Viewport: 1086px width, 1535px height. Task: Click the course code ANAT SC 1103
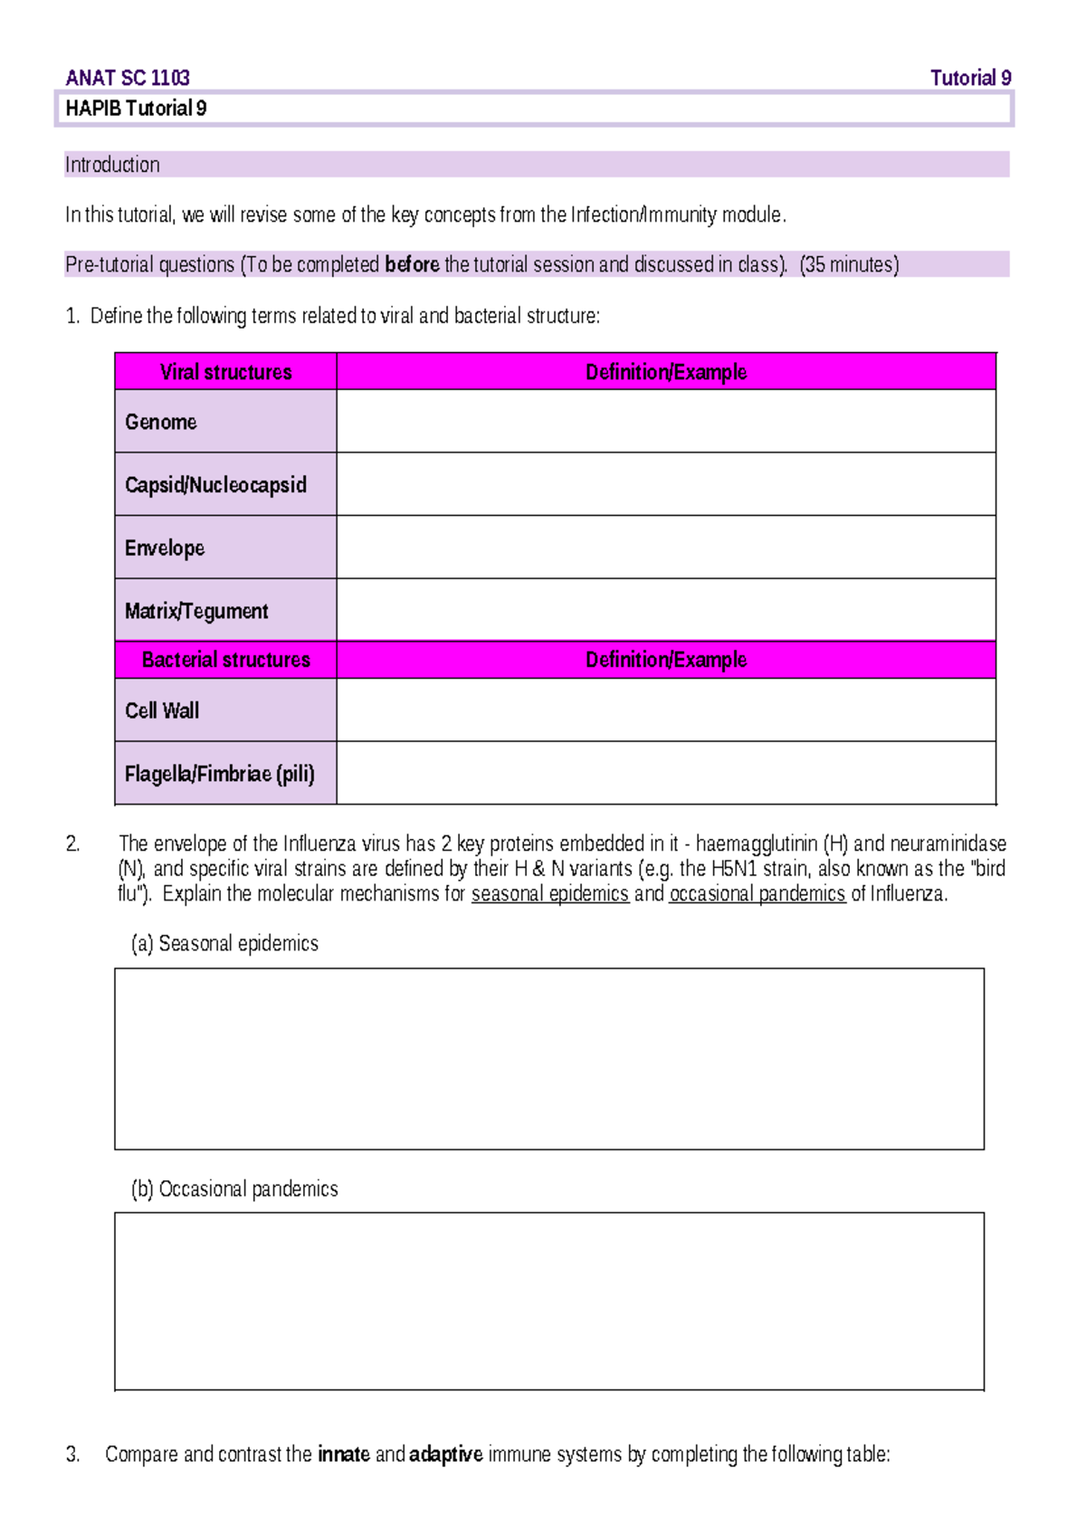click(x=128, y=78)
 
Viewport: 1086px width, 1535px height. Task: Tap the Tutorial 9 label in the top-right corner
click(x=970, y=78)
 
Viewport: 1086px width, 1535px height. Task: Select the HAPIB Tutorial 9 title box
click(x=533, y=109)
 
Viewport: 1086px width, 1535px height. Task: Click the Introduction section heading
click(x=112, y=165)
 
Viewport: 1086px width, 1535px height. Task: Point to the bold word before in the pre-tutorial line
click(x=412, y=264)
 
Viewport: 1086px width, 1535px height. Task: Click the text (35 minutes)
click(x=849, y=264)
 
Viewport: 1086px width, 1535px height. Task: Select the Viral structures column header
click(x=225, y=372)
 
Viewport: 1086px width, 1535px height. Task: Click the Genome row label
click(x=161, y=422)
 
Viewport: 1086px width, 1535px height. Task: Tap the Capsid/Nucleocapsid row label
click(x=215, y=485)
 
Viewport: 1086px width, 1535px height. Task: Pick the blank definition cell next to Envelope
click(x=665, y=548)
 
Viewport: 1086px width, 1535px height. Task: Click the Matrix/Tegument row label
click(x=196, y=611)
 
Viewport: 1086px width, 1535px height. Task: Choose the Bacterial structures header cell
click(x=225, y=660)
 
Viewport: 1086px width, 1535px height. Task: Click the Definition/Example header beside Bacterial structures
click(x=665, y=660)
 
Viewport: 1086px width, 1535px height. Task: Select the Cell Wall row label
click(x=162, y=710)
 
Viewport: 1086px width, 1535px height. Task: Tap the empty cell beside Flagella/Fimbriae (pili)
click(x=665, y=773)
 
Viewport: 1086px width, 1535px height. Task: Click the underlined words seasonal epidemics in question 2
click(x=549, y=893)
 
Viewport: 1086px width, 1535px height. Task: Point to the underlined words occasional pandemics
click(x=757, y=893)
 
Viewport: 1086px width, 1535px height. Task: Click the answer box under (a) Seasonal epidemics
click(x=548, y=1058)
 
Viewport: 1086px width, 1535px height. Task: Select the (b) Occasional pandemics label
click(x=234, y=1188)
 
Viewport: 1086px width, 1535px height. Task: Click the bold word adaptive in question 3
click(x=445, y=1454)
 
